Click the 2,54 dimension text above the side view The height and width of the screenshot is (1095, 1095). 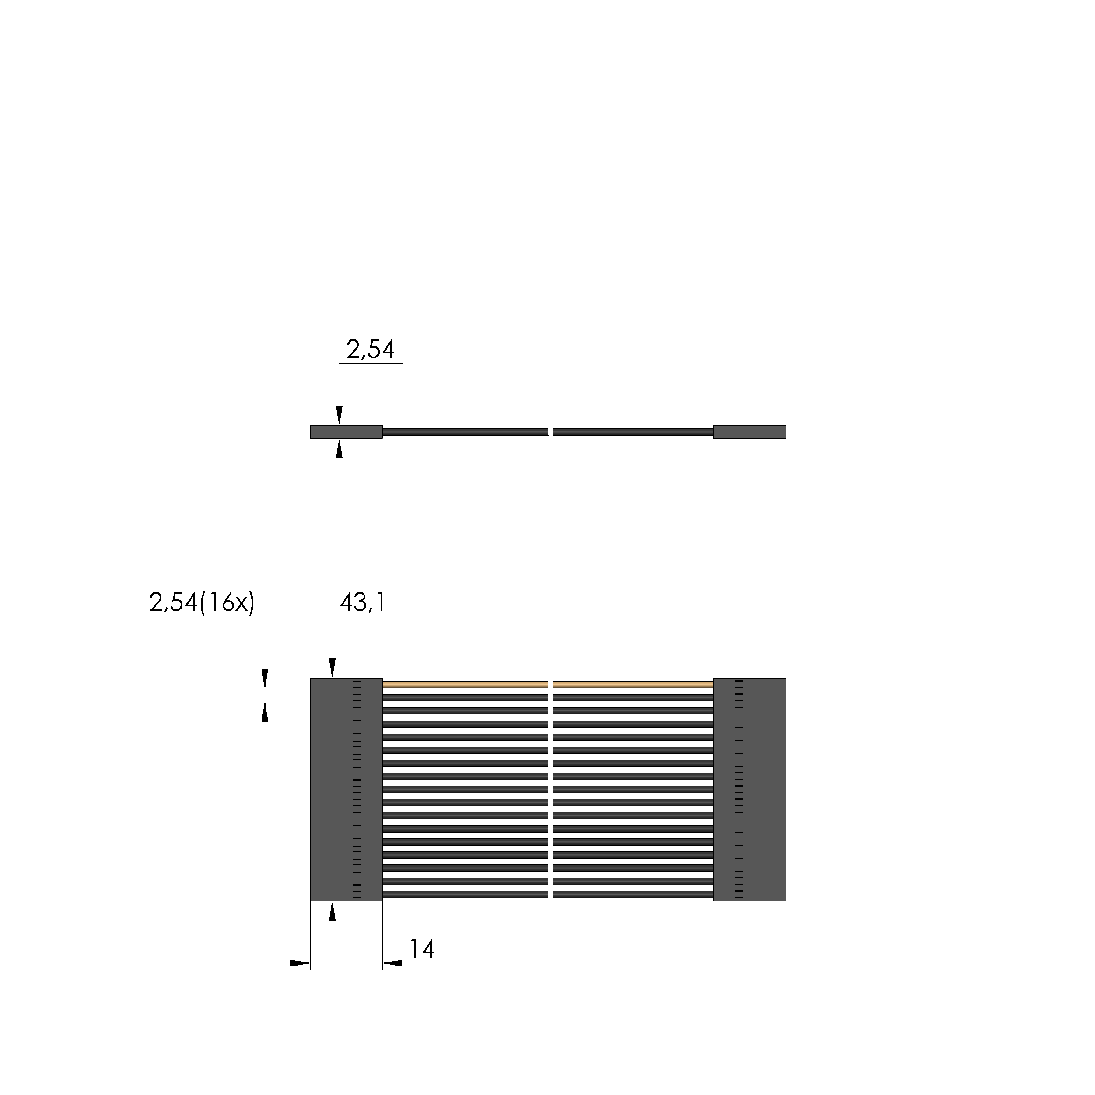tap(370, 350)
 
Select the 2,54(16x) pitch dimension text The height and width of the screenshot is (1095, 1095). tap(202, 602)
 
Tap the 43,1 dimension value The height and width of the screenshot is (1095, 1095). tap(363, 602)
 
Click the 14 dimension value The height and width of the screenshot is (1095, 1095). tap(422, 949)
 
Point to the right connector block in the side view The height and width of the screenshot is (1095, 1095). tap(749, 432)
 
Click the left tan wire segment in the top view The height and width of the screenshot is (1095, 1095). tap(465, 684)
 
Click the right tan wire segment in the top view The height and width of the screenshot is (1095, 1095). tap(633, 684)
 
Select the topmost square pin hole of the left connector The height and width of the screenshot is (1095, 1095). tap(357, 685)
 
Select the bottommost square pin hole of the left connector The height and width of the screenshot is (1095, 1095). tap(357, 894)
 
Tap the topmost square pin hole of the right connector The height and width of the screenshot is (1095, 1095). tap(739, 684)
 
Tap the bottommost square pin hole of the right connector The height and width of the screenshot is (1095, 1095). tap(739, 894)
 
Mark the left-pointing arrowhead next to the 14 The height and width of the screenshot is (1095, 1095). tap(392, 963)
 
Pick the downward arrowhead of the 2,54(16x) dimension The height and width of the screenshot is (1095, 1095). tap(265, 679)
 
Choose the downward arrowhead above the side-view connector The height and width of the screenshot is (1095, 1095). tap(339, 416)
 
